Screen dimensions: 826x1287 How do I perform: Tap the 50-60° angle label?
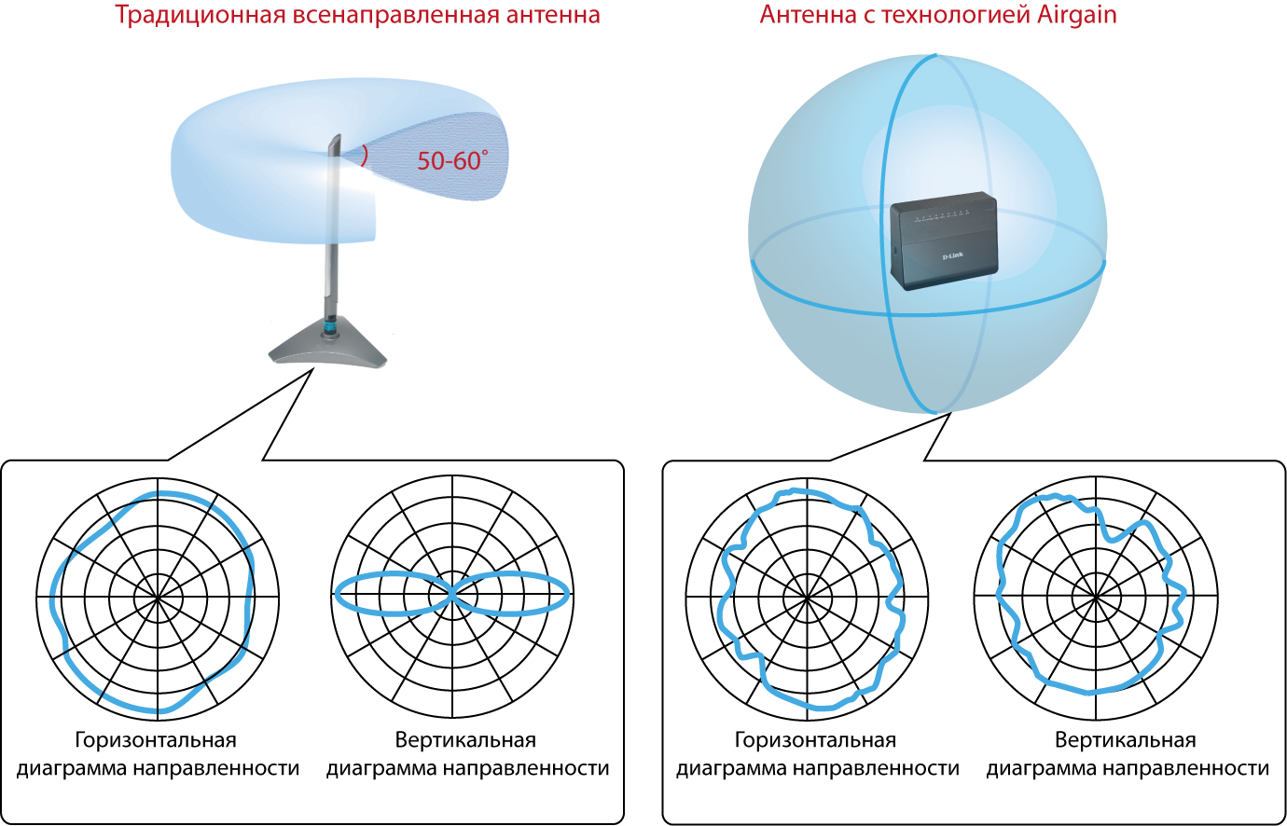click(x=451, y=161)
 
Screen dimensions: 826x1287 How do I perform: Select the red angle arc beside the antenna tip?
click(x=365, y=156)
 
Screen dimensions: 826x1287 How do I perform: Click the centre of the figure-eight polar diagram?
click(x=452, y=594)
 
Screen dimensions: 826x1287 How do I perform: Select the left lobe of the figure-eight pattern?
click(x=392, y=594)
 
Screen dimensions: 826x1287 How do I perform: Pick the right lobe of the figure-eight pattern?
click(x=513, y=594)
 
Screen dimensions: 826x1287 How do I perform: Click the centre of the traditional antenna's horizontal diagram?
click(x=158, y=596)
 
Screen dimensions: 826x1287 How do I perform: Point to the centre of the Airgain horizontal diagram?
click(x=808, y=596)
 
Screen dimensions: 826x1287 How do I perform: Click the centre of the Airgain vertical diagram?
click(x=1096, y=596)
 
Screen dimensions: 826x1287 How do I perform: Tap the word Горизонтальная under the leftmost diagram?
click(x=156, y=740)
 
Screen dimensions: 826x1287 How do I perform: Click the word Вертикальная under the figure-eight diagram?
click(x=465, y=740)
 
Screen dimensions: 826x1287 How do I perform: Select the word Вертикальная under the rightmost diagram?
click(x=1125, y=740)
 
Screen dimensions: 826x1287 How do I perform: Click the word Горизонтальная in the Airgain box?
click(x=815, y=740)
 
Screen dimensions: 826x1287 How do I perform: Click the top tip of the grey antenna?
click(x=334, y=139)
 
